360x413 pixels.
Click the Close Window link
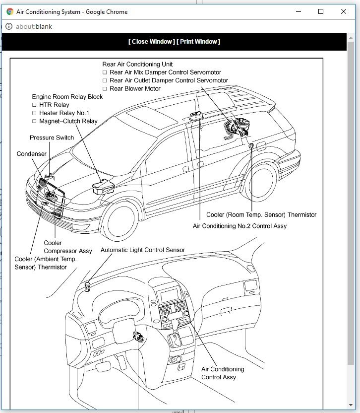pyautogui.click(x=151, y=42)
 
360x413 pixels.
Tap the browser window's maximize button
pyautogui.click(x=321, y=11)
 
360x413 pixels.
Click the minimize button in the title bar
pyautogui.click(x=299, y=11)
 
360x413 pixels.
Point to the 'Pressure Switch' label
pyautogui.click(x=52, y=138)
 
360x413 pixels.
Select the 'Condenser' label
pyautogui.click(x=32, y=154)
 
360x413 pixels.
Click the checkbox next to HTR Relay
pyautogui.click(x=35, y=105)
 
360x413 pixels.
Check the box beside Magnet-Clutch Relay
pyautogui.click(x=35, y=121)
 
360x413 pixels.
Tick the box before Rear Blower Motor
pyautogui.click(x=105, y=89)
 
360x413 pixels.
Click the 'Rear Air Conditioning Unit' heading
pyautogui.click(x=137, y=64)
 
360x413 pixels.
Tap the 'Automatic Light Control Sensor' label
pyautogui.click(x=143, y=250)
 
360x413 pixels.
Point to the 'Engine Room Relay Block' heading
pyautogui.click(x=67, y=97)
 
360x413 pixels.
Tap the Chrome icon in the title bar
pyautogui.click(x=10, y=11)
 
